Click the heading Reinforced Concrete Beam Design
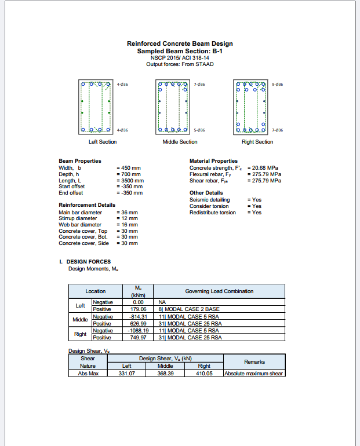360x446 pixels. (180, 43)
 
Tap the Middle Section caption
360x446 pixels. (180, 142)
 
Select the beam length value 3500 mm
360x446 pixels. (131, 180)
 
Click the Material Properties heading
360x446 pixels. (213, 161)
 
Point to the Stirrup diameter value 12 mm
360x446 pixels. (128, 218)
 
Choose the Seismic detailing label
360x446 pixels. (210, 200)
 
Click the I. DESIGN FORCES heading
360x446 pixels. (85, 262)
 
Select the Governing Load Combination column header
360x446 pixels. (219, 291)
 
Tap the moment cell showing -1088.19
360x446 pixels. (138, 330)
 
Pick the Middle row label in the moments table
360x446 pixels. (80, 320)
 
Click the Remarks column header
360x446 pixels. (254, 362)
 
